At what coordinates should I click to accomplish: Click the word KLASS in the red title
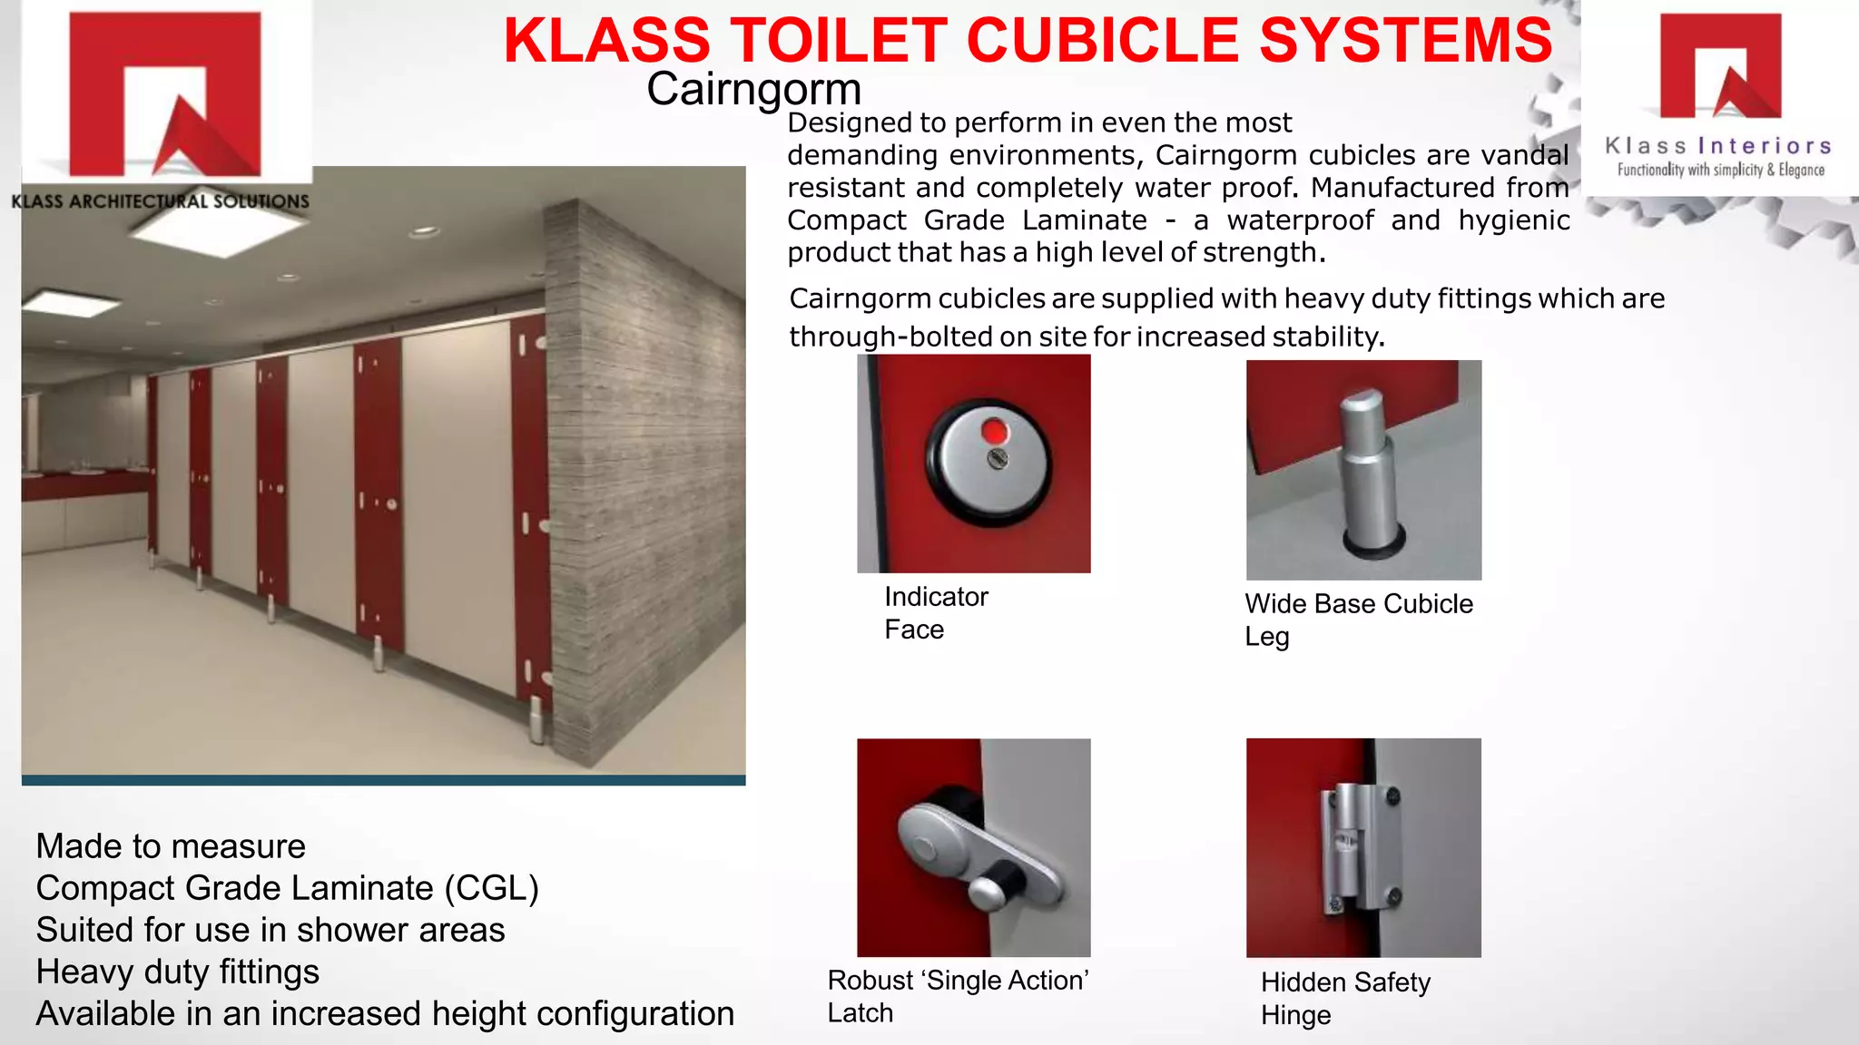tap(606, 41)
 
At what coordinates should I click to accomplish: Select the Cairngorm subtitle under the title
tap(753, 89)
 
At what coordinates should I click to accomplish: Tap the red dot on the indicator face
tap(995, 431)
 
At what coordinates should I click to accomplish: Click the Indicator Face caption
tap(936, 613)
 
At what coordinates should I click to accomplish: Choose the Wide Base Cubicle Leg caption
tap(1358, 620)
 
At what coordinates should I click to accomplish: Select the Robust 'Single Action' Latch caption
tap(958, 996)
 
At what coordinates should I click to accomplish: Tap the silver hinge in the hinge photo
tap(1360, 848)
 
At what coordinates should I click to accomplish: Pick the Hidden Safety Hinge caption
tap(1345, 998)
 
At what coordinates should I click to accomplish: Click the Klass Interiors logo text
tap(1718, 146)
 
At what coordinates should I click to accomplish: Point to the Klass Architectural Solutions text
tap(161, 201)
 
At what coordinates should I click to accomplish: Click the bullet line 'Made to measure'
tap(171, 846)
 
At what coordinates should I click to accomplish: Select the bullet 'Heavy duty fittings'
tap(178, 972)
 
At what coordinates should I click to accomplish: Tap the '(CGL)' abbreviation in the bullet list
tap(491, 888)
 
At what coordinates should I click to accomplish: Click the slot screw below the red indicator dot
tap(998, 458)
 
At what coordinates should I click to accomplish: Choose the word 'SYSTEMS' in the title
tap(1406, 41)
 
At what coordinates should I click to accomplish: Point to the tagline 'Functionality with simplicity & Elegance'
tap(1720, 170)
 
